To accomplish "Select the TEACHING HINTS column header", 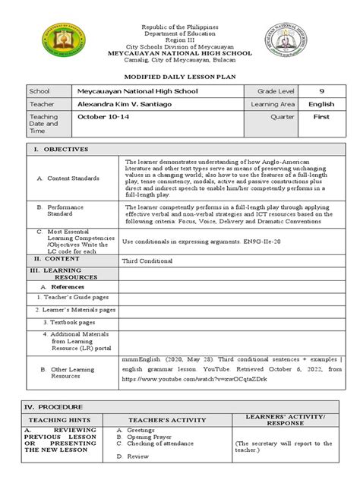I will pos(60,420).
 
